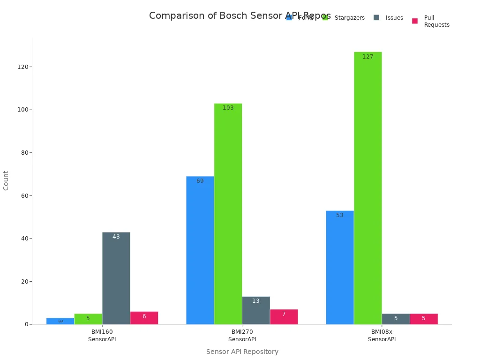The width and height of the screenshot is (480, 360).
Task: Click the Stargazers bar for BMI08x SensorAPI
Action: tap(367, 187)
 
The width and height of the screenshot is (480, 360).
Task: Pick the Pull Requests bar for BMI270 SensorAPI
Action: tap(284, 317)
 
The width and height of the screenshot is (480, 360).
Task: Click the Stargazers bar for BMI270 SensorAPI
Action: tap(228, 214)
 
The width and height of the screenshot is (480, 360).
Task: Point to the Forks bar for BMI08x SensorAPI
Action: tap(340, 267)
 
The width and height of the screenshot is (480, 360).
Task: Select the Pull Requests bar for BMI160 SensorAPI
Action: tap(144, 318)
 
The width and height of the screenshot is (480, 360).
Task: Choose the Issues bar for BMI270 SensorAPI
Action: tap(256, 310)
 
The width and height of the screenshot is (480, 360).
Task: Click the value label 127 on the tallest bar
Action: tap(367, 57)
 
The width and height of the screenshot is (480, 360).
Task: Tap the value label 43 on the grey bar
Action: tap(116, 237)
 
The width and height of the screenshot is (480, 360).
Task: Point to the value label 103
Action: tap(228, 108)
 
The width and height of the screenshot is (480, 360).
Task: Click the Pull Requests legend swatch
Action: tap(415, 21)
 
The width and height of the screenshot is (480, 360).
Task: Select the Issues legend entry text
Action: tap(394, 18)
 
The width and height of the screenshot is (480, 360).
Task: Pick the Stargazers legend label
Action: tap(349, 18)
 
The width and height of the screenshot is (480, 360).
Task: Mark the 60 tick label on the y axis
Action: tap(24, 195)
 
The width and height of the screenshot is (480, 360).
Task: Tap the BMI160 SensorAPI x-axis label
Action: tap(102, 335)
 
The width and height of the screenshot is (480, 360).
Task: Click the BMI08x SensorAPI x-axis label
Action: tap(382, 335)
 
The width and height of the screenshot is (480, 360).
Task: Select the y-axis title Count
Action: tap(6, 180)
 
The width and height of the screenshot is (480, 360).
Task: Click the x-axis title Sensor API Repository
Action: tap(242, 352)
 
